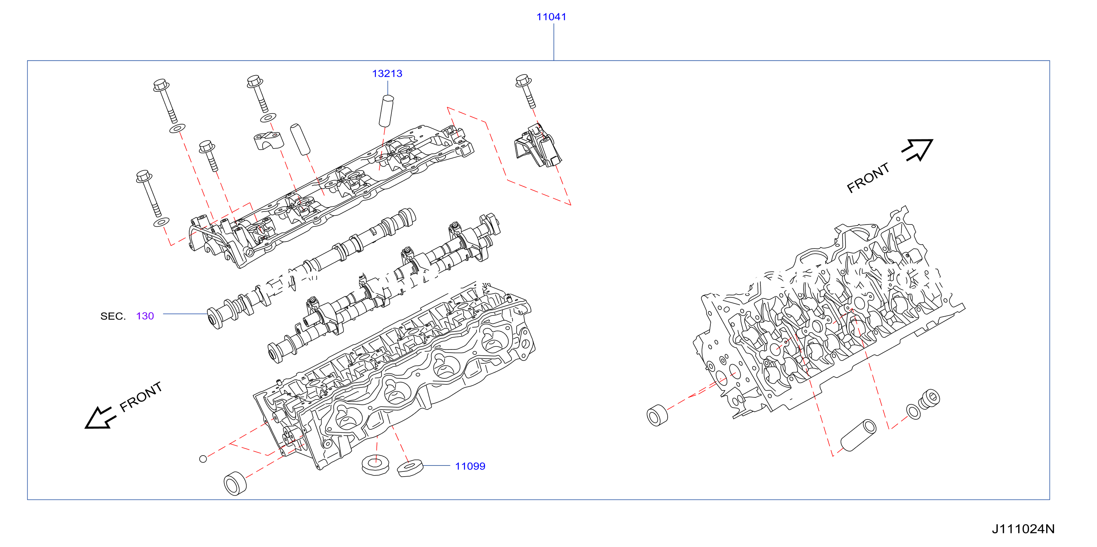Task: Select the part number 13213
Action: pyautogui.click(x=387, y=74)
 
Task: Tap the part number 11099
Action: pyautogui.click(x=470, y=466)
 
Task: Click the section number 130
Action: pyautogui.click(x=145, y=316)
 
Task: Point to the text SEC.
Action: pyautogui.click(x=113, y=316)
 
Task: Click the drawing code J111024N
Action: pyautogui.click(x=1023, y=529)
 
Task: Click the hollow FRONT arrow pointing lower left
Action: pyautogui.click(x=100, y=418)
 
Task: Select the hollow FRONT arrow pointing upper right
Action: pyautogui.click(x=918, y=150)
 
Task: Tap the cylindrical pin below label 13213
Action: pyautogui.click(x=386, y=111)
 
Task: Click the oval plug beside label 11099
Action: pyautogui.click(x=409, y=467)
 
